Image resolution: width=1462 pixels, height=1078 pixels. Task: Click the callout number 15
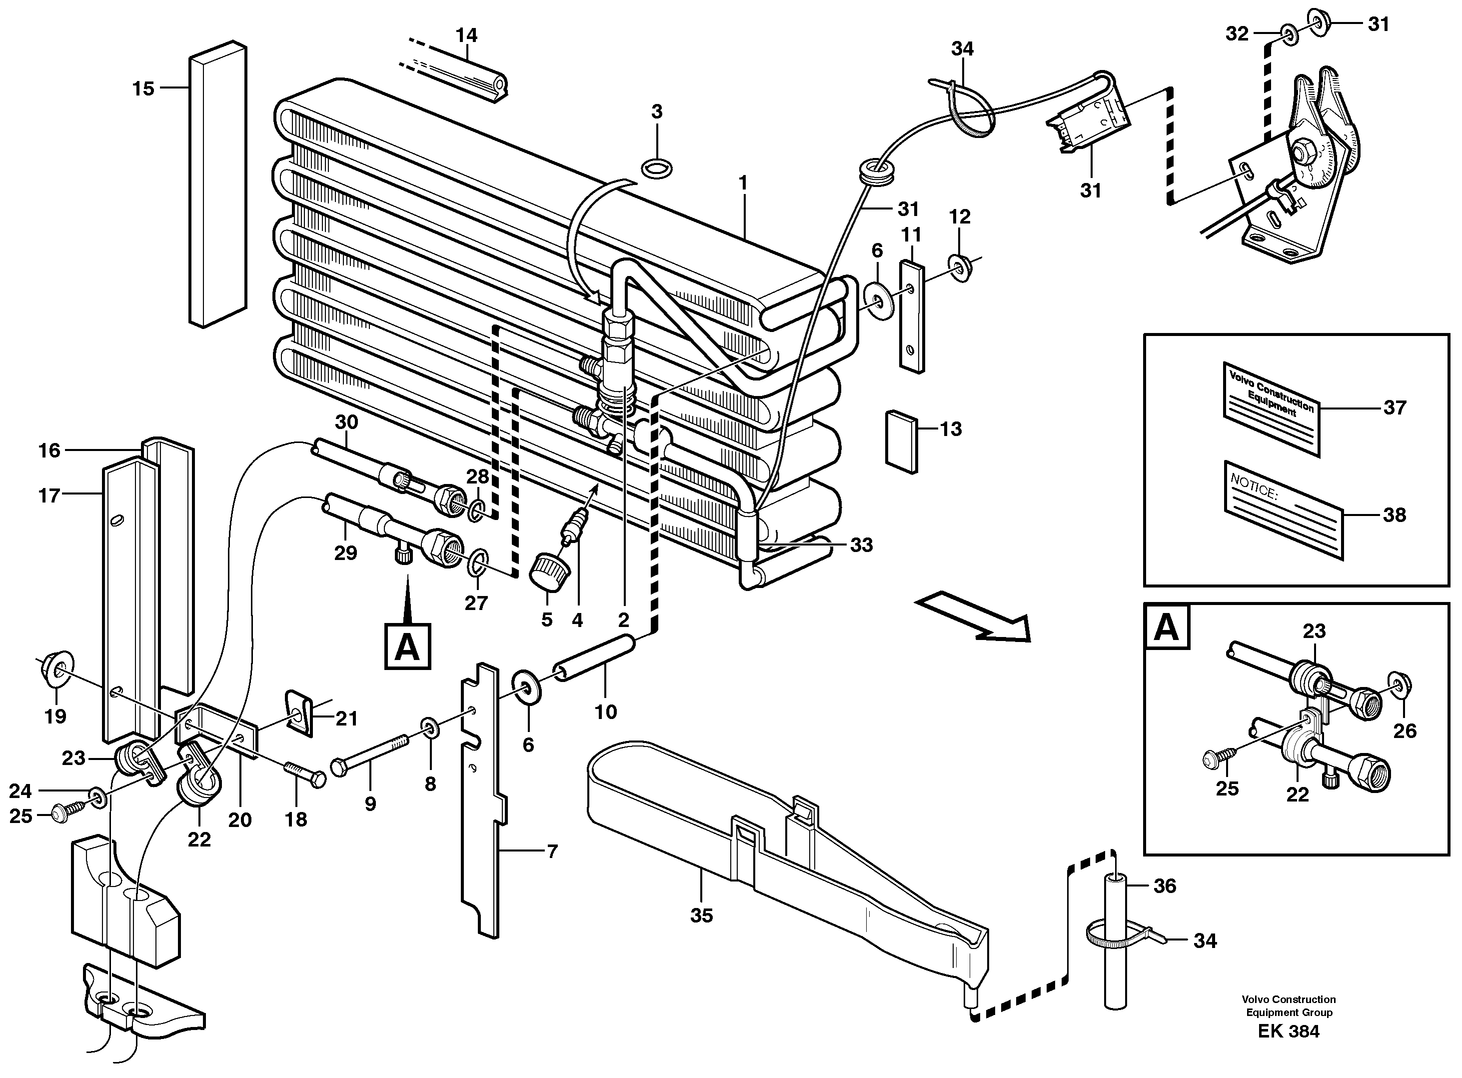[143, 88]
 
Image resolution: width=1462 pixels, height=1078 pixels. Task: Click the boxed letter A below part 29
[407, 646]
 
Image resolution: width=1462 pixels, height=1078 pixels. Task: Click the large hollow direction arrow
[972, 616]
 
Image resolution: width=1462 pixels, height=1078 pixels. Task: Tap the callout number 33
[861, 545]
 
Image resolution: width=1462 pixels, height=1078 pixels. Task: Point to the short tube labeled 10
[594, 658]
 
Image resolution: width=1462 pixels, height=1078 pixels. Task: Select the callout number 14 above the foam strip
[466, 34]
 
